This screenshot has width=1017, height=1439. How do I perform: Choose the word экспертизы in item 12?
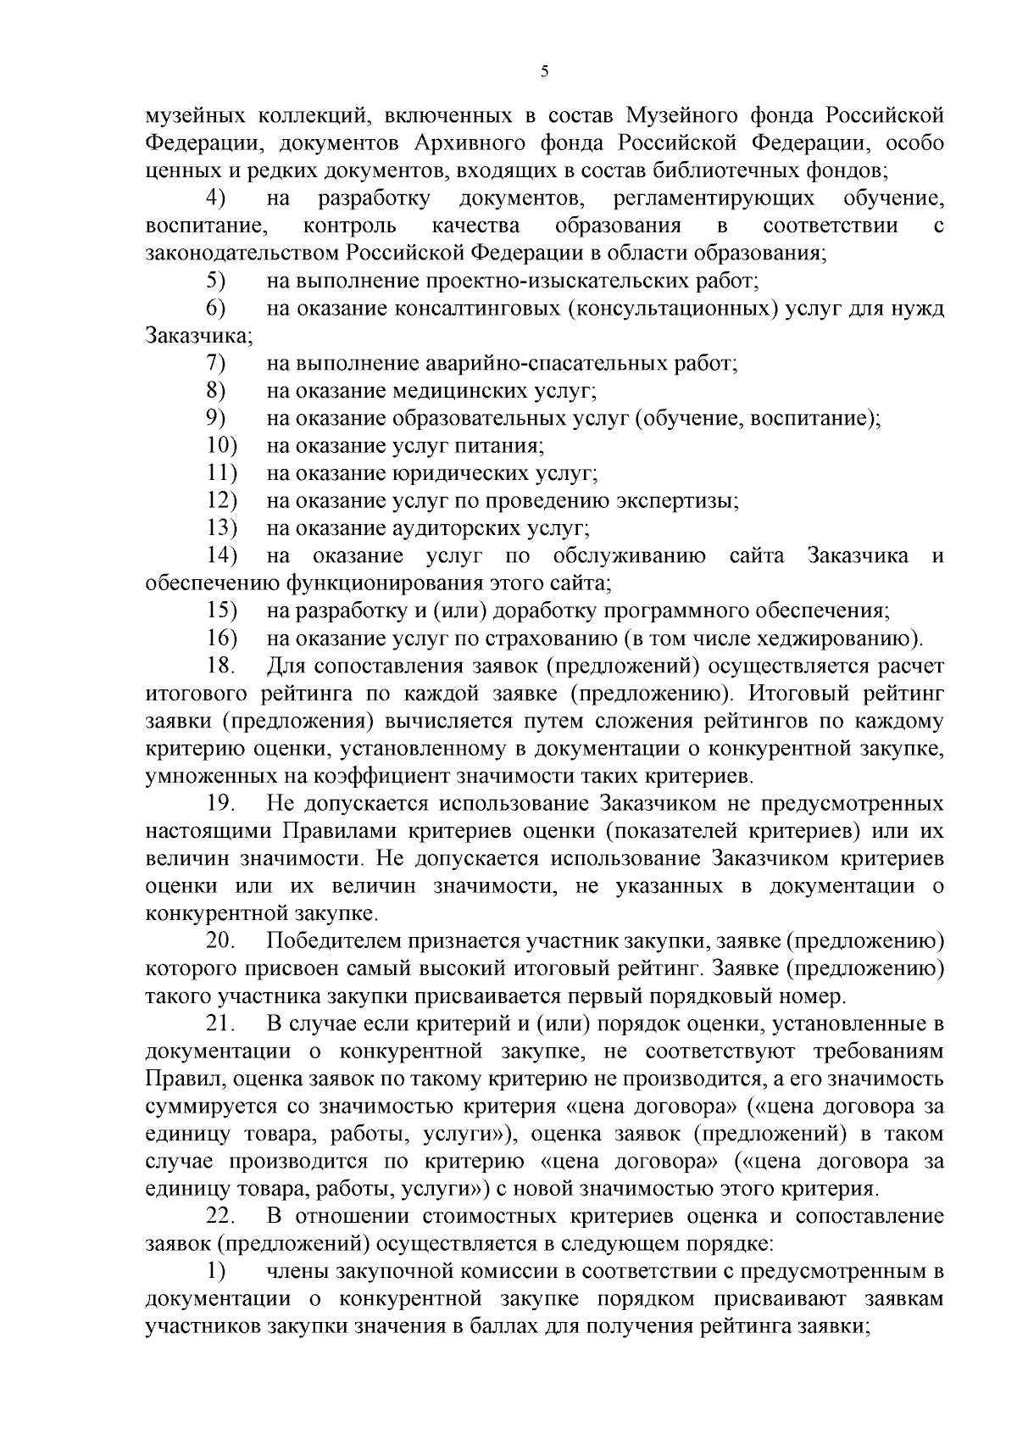686,501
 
